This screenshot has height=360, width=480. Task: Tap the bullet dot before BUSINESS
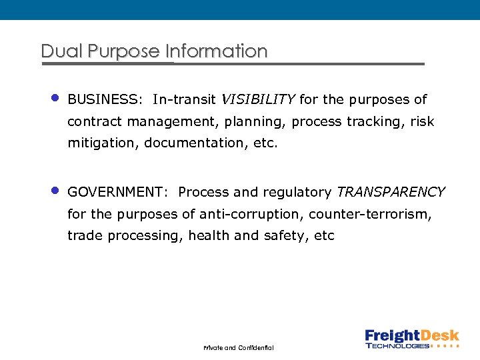click(x=56, y=98)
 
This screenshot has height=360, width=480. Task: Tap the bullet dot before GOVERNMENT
click(x=56, y=191)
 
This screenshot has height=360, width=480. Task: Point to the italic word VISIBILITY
click(x=257, y=100)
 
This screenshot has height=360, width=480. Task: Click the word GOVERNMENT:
click(x=118, y=193)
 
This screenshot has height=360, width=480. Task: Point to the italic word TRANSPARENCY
click(x=391, y=193)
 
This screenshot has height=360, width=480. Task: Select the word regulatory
click(x=297, y=193)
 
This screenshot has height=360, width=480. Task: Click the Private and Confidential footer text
click(x=238, y=348)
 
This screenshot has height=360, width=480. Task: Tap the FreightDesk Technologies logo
click(x=411, y=339)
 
